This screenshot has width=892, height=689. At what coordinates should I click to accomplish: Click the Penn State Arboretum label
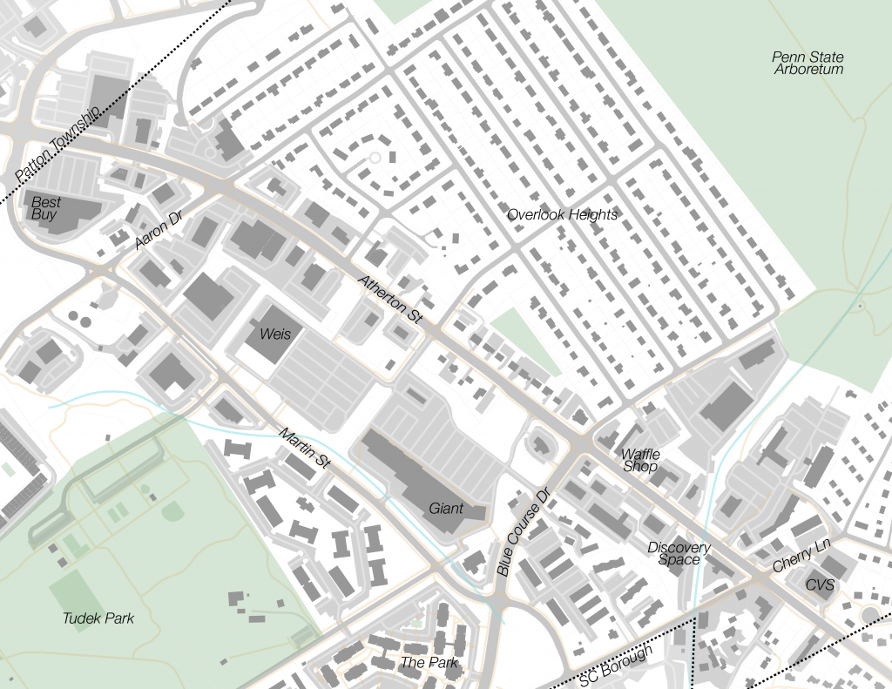click(808, 63)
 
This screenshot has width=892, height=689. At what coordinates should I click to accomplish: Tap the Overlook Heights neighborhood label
click(562, 214)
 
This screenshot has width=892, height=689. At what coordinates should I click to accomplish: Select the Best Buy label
click(44, 207)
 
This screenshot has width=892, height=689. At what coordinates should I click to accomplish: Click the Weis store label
click(268, 334)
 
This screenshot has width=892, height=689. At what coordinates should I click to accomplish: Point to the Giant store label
click(445, 508)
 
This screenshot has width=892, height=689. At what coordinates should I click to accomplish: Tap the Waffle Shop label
click(640, 460)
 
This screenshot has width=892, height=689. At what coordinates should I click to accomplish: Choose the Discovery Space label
click(679, 553)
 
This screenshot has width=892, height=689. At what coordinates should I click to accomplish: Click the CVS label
click(820, 584)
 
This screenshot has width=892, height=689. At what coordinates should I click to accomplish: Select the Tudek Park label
click(98, 618)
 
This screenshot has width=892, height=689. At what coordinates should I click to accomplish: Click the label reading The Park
click(429, 662)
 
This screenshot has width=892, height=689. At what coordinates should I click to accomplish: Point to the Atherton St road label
click(390, 301)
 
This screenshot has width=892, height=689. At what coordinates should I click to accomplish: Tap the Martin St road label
click(304, 449)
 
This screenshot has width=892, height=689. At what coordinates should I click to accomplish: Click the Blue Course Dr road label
click(524, 532)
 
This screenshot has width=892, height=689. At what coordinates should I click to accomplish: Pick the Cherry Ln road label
click(801, 556)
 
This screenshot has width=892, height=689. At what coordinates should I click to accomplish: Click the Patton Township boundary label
click(58, 145)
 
